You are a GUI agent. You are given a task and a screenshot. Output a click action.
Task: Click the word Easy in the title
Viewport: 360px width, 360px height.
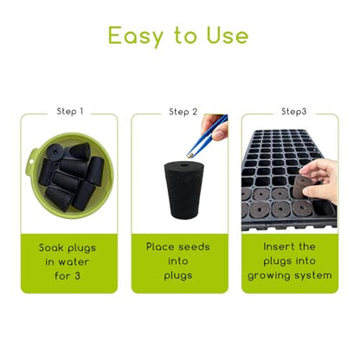pyautogui.click(x=136, y=36)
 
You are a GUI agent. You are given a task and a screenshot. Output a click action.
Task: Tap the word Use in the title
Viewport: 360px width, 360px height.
pyautogui.click(x=228, y=35)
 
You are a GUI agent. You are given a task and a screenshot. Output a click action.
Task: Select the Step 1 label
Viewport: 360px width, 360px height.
pyautogui.click(x=70, y=112)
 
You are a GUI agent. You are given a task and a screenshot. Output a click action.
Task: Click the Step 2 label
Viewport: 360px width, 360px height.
pyautogui.click(x=183, y=112)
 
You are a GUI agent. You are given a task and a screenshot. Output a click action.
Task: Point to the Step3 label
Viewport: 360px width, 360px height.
pyautogui.click(x=293, y=112)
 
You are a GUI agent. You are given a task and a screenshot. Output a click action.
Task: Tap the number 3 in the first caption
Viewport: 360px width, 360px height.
pyautogui.click(x=77, y=276)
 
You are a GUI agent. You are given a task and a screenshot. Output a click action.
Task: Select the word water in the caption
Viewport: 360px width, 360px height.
pyautogui.click(x=74, y=262)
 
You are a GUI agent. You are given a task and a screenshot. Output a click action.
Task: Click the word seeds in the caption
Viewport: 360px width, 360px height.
pyautogui.click(x=194, y=247)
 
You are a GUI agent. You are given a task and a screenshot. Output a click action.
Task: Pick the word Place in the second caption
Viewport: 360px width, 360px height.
pyautogui.click(x=160, y=247)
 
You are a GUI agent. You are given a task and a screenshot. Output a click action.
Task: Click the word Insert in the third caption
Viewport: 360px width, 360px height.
pyautogui.click(x=279, y=247)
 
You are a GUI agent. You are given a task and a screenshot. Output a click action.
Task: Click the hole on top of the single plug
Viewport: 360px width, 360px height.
pyautogui.click(x=183, y=165)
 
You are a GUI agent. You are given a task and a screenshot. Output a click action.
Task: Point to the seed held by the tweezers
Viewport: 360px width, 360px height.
pyautogui.click(x=190, y=156)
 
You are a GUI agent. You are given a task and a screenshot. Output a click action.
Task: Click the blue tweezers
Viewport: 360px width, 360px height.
pyautogui.click(x=206, y=135)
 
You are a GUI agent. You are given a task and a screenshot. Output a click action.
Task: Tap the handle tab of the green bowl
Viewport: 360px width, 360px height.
pyautogui.click(x=30, y=164)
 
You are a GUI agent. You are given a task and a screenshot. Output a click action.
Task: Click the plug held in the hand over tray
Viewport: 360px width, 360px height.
pyautogui.click(x=301, y=187)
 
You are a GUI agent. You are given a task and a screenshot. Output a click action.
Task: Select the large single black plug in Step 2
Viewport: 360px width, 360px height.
pyautogui.click(x=183, y=190)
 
